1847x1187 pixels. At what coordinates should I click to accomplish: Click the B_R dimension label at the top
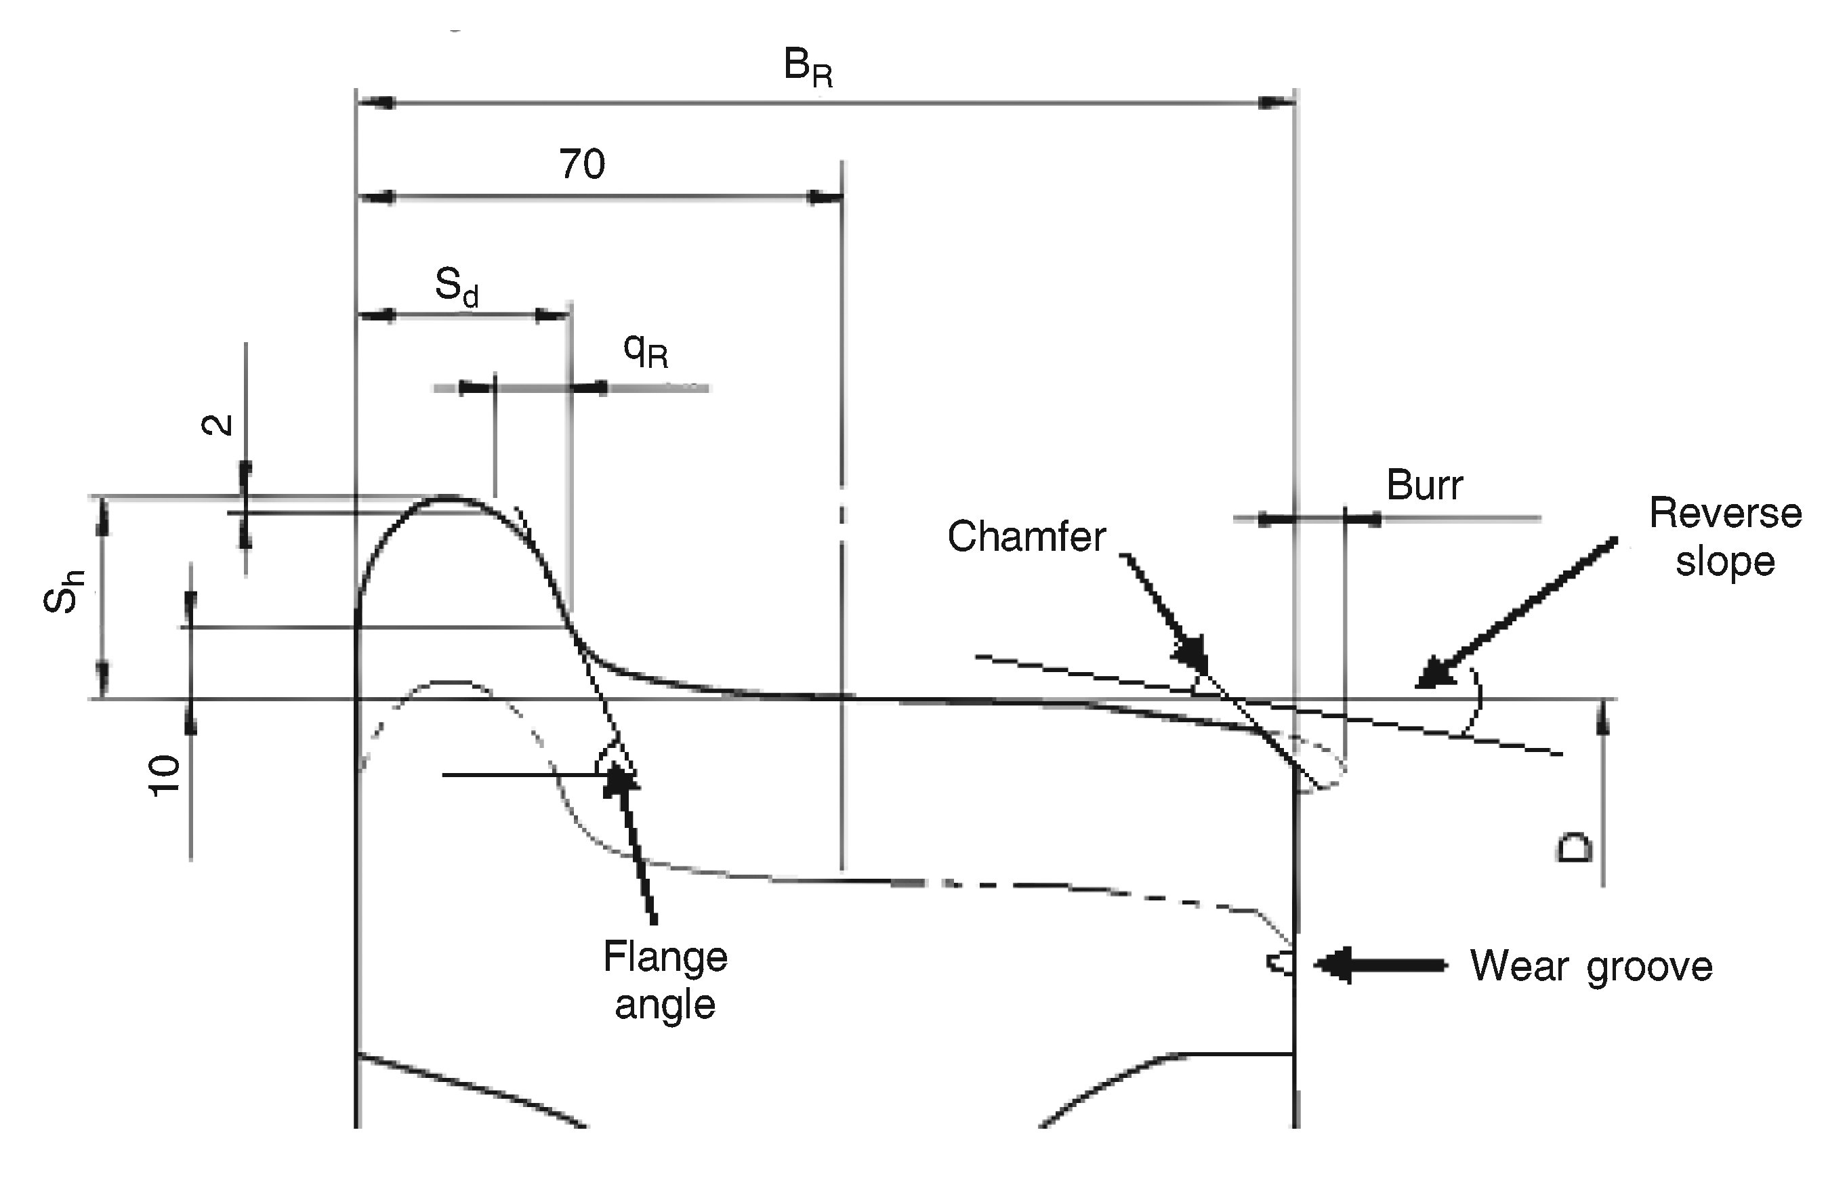pyautogui.click(x=808, y=68)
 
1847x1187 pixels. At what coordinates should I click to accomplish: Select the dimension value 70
pyautogui.click(x=582, y=164)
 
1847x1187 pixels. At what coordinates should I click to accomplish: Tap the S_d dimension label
pyautogui.click(x=457, y=287)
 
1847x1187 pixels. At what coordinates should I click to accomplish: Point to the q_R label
pyautogui.click(x=645, y=352)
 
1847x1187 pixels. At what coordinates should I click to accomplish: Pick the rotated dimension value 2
pyautogui.click(x=217, y=424)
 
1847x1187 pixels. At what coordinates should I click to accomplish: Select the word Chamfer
pyautogui.click(x=1026, y=537)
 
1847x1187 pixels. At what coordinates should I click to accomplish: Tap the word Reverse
pyautogui.click(x=1725, y=514)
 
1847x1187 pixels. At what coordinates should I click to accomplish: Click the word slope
pyautogui.click(x=1725, y=562)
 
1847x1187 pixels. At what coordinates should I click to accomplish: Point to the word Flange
pyautogui.click(x=665, y=958)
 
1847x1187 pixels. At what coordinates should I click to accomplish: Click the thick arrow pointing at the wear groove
pyautogui.click(x=1380, y=964)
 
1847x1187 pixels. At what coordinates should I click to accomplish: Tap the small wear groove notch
pyautogui.click(x=1281, y=963)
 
